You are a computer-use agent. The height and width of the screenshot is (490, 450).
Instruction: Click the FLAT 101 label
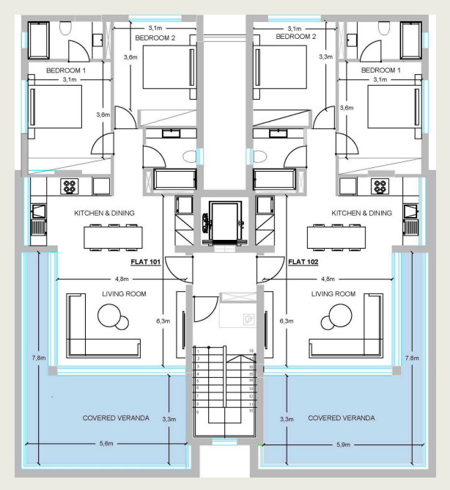click(146, 262)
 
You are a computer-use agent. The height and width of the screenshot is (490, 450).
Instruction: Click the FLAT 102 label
click(303, 262)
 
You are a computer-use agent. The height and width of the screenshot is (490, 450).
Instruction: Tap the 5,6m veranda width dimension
click(106, 444)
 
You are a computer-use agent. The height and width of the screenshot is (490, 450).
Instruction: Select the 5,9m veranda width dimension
click(343, 445)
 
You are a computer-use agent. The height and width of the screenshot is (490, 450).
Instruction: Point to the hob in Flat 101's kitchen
click(70, 186)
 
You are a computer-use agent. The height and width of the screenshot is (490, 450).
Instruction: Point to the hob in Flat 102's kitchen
click(380, 186)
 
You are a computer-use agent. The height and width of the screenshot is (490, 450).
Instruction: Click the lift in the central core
click(225, 222)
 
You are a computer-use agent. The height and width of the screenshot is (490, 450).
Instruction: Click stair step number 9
click(197, 412)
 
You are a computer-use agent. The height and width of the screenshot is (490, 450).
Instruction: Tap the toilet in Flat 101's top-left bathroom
click(65, 28)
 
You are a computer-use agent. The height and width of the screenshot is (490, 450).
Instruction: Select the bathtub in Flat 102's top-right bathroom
click(411, 40)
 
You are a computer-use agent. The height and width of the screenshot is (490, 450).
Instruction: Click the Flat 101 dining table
click(113, 238)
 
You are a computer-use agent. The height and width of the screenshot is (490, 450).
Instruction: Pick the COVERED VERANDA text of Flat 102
click(342, 418)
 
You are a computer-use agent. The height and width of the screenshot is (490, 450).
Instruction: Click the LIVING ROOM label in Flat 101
click(124, 294)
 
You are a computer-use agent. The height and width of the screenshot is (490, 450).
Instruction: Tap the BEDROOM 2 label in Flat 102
click(296, 37)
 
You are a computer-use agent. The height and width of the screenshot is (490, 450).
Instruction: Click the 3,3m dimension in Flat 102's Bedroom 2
click(325, 56)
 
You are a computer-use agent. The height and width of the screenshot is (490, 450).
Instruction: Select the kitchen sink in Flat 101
click(39, 211)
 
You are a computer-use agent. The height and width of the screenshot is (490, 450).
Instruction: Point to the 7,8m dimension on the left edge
click(39, 358)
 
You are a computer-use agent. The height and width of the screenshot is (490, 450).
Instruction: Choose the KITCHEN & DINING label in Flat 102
click(361, 213)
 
